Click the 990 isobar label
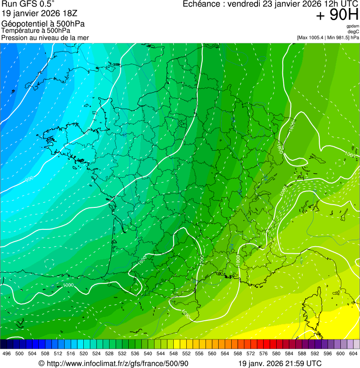tap(29, 179)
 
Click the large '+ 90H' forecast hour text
tap(337, 15)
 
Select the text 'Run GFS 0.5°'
tap(28, 5)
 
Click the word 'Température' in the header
tap(21, 30)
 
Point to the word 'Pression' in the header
tap(15, 37)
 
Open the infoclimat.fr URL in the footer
tap(117, 363)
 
